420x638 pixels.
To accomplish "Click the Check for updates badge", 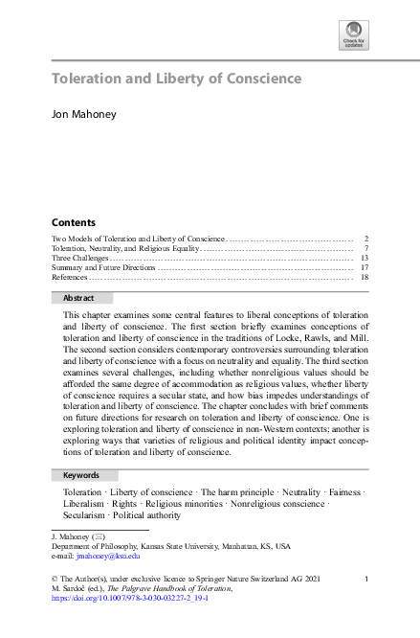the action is (353, 36).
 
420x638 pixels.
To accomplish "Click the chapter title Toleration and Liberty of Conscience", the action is (176, 79).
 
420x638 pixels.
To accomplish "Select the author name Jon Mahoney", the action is (85, 115).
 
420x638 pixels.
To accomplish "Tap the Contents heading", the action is (73, 221).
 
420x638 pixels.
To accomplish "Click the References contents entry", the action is (70, 277).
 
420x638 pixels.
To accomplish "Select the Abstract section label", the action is (78, 298).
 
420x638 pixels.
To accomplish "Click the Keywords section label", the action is (81, 475).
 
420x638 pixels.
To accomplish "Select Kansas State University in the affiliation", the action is (185, 545).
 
